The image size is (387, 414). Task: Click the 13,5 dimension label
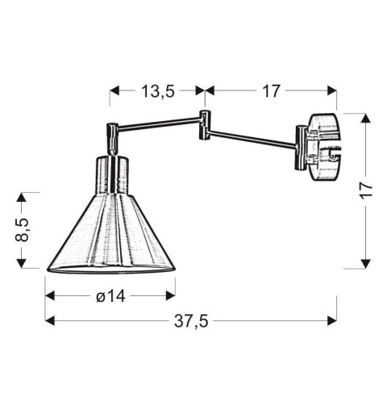[158, 91]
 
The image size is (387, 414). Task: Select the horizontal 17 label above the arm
[271, 91]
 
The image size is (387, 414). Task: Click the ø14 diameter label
[110, 296]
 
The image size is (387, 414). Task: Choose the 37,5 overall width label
[191, 321]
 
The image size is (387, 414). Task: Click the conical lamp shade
[111, 234]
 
